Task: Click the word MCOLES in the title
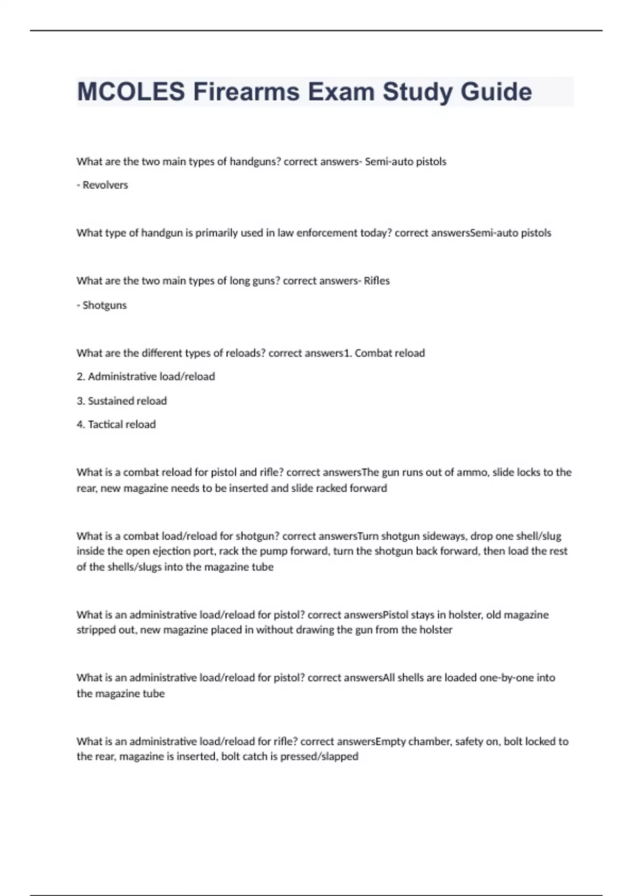pyautogui.click(x=131, y=92)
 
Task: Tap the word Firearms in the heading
pyautogui.click(x=246, y=92)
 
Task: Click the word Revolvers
pyautogui.click(x=105, y=185)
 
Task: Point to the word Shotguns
pyautogui.click(x=104, y=305)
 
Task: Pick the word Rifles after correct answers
pyautogui.click(x=377, y=281)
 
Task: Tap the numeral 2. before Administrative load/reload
pyautogui.click(x=81, y=377)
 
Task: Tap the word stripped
pyautogui.click(x=97, y=630)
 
